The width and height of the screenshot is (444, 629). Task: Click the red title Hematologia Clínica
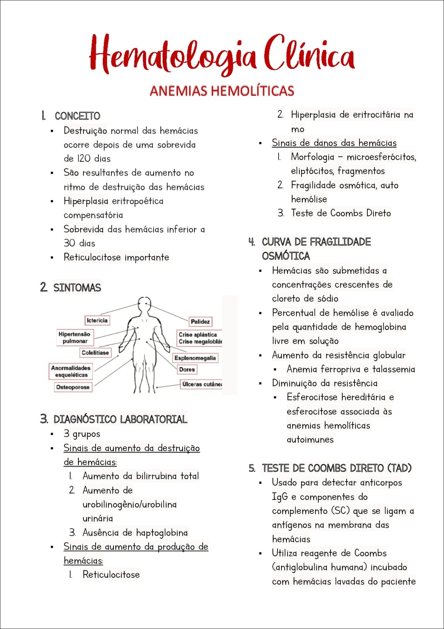coord(222,56)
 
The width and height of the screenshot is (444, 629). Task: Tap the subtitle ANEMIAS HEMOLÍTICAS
coord(222,91)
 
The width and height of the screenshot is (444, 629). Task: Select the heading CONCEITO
coord(77,116)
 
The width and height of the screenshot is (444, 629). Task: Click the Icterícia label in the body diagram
coord(97,320)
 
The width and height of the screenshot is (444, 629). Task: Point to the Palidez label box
coord(200,322)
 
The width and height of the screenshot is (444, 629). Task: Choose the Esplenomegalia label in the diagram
coord(195,358)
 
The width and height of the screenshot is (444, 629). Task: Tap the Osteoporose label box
coord(73,387)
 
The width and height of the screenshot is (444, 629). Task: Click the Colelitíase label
coord(95,353)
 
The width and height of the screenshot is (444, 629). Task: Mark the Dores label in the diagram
coord(187,370)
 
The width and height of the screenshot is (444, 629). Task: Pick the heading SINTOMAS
coord(77,288)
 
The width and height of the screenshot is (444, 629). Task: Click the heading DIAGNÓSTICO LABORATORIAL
coord(120,419)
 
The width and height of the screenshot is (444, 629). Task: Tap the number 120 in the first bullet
coord(83,159)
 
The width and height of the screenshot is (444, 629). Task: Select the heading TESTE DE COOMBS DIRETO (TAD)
coord(336,468)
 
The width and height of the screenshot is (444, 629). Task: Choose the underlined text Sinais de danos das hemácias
coord(334,143)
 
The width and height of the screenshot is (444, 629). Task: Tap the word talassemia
coord(394,369)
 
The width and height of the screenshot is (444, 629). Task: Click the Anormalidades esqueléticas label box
coord(71,371)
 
